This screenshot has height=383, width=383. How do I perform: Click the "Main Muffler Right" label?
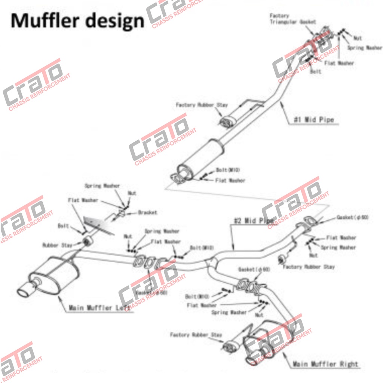point(325,364)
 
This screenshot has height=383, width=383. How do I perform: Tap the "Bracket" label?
point(147,212)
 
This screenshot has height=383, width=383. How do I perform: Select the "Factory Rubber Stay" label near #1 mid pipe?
point(202,105)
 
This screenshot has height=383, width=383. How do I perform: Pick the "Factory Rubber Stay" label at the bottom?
point(196,334)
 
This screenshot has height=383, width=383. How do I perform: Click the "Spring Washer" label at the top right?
point(364,48)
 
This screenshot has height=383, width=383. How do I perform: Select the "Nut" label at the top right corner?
point(358,38)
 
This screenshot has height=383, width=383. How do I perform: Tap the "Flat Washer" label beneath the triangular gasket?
point(339,63)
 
